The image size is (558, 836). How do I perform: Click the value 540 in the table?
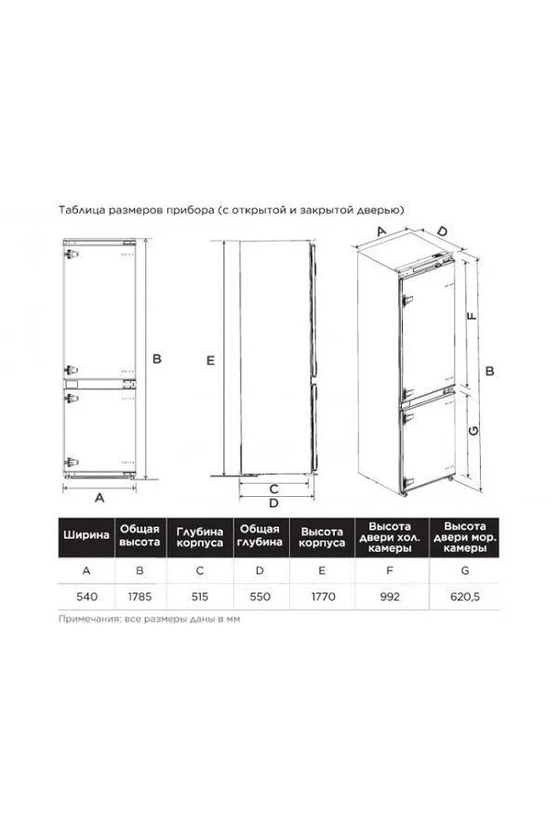coord(86,596)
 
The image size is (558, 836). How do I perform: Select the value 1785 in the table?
coord(139,596)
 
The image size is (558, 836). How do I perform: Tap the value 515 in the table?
coord(200,596)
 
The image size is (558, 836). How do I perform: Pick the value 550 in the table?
coord(260,596)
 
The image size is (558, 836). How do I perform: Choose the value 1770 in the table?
coord(323,596)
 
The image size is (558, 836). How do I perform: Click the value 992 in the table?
coord(390,596)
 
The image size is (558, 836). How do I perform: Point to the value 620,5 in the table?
coord(465,596)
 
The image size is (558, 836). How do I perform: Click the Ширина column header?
coord(86,535)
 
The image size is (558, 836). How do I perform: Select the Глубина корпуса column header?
coord(200,538)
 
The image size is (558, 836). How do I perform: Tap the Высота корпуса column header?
coord(322,538)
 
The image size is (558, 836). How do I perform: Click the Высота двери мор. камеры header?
coord(465,537)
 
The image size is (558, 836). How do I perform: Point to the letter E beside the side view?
coord(210,360)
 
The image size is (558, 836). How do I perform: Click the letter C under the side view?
coord(273,489)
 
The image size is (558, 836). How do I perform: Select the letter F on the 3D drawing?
coord(472,316)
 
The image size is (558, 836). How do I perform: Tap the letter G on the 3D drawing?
coord(473,430)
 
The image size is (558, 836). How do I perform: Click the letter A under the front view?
coord(100,498)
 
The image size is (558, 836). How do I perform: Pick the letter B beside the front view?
coord(157,359)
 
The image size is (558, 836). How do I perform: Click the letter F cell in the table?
coord(390,570)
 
